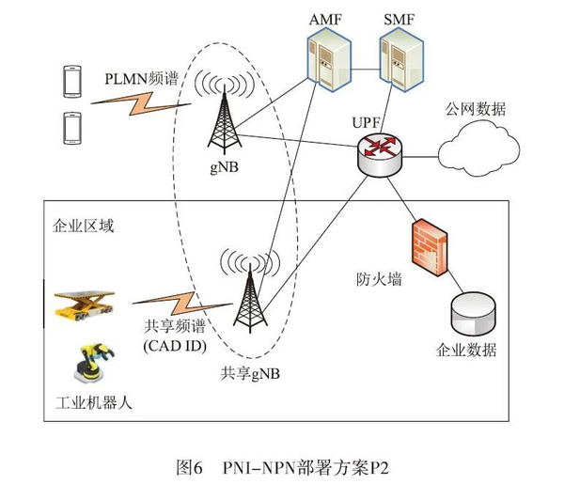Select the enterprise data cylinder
click(472, 316)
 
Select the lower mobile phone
click(70, 126)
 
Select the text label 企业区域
click(80, 228)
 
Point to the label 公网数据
click(478, 109)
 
